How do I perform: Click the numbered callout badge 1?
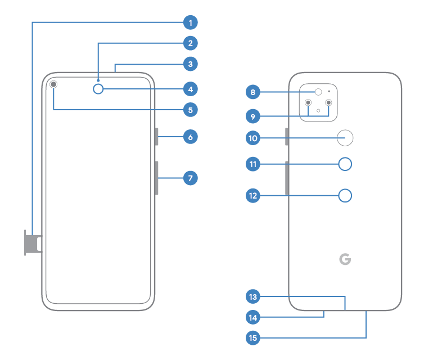click(191, 22)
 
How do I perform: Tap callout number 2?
click(191, 43)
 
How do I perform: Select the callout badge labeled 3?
click(191, 64)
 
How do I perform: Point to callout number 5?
click(191, 110)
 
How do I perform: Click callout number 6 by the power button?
click(191, 137)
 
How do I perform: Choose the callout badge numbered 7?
click(191, 178)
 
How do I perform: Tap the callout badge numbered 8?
click(253, 92)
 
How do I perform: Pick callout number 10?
click(253, 137)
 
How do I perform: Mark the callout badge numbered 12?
click(253, 195)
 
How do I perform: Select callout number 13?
click(253, 296)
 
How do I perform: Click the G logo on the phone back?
click(344, 259)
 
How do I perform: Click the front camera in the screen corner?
click(54, 84)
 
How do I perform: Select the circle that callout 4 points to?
click(99, 88)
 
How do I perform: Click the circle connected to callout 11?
click(346, 164)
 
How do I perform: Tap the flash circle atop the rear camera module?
click(318, 92)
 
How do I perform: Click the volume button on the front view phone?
click(157, 178)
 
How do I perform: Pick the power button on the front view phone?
click(157, 137)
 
